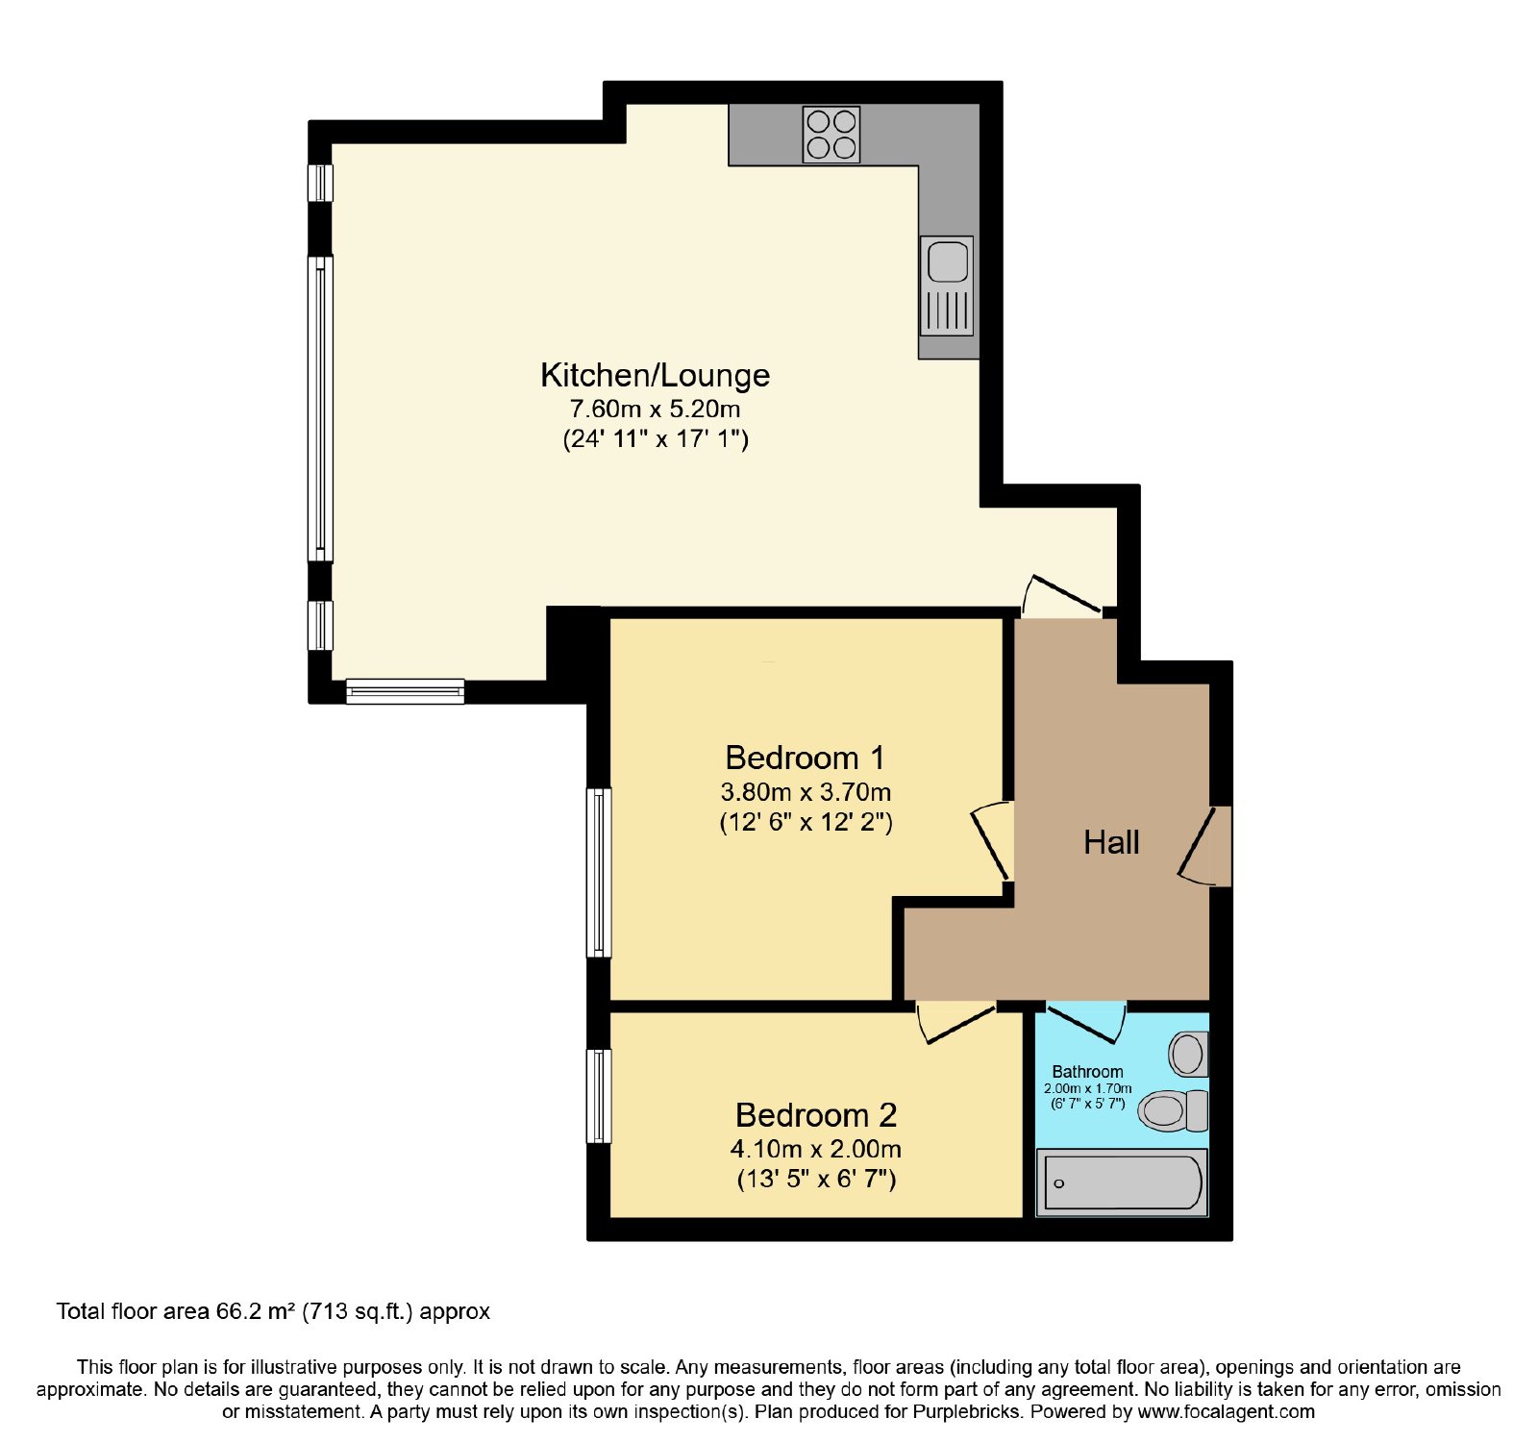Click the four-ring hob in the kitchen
[831, 135]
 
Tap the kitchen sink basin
[947, 261]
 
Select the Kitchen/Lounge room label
[656, 375]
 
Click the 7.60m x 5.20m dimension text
[656, 409]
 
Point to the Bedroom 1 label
[806, 758]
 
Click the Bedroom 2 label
[816, 1115]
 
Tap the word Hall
[1111, 843]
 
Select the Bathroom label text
[1087, 1072]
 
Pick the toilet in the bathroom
[1173, 1111]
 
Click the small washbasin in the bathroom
[1188, 1055]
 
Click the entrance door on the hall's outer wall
[1204, 846]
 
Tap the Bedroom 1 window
[599, 873]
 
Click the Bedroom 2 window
[599, 1096]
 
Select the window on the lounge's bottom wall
[406, 691]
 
